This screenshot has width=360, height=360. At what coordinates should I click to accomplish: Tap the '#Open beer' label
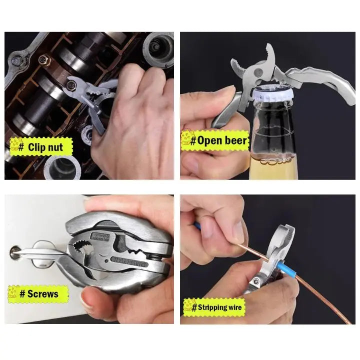pos(215,140)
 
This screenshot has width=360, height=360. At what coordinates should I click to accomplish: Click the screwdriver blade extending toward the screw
pos(40,252)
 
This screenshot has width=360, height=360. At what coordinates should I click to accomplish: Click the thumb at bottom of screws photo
pos(92,300)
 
